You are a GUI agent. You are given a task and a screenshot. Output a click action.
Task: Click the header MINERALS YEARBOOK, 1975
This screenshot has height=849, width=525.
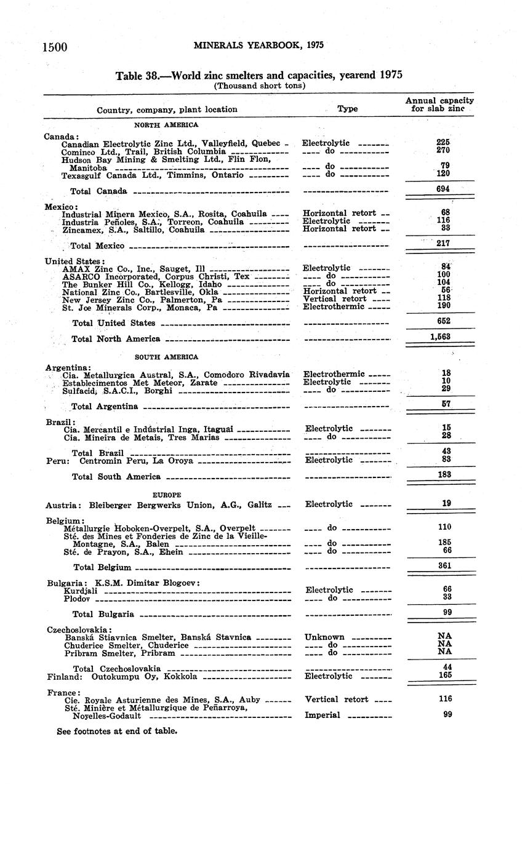[258, 45]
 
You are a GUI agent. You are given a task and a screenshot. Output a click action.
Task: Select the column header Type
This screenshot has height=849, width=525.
[347, 109]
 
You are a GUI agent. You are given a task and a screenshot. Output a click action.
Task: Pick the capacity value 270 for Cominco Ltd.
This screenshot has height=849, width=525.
[443, 150]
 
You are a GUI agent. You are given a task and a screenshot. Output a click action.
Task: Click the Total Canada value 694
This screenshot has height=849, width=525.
[443, 189]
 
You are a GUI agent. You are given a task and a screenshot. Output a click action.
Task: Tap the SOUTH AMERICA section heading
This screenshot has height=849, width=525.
[167, 357]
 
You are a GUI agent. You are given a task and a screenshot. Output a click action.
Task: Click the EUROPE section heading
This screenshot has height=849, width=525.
[167, 494]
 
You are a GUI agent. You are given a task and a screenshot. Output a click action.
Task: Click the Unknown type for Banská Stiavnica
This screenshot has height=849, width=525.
[324, 637]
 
